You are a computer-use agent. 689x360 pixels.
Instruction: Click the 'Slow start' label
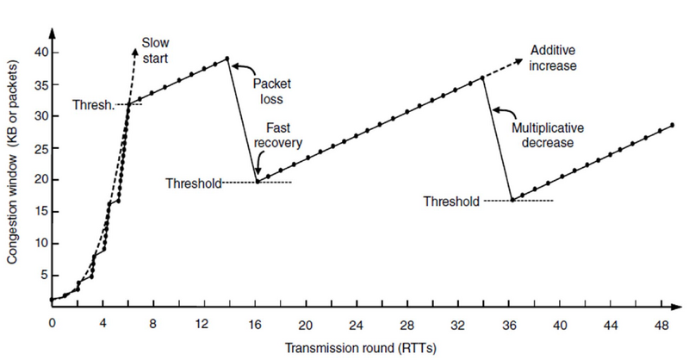click(155, 51)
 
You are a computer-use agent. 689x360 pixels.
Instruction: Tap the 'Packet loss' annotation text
click(271, 91)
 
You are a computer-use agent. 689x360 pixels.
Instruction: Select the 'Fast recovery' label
click(278, 135)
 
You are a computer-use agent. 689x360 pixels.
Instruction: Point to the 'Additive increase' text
click(553, 58)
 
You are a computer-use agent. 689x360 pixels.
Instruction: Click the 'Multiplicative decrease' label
click(548, 135)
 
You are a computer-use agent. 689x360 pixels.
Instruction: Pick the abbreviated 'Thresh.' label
click(93, 105)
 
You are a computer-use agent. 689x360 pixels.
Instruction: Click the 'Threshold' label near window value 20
click(193, 183)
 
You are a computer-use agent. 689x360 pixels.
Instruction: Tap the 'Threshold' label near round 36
click(451, 202)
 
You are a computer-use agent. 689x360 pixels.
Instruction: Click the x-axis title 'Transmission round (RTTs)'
click(361, 348)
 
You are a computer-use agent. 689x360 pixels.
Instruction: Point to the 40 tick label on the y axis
click(40, 53)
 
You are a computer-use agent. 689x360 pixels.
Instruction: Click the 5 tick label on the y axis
click(45, 275)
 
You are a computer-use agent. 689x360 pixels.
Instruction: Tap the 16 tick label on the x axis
click(254, 325)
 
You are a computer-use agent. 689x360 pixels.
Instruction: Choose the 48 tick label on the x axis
click(661, 326)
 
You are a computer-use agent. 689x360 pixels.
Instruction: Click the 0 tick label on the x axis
click(53, 323)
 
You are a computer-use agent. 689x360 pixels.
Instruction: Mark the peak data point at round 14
click(227, 58)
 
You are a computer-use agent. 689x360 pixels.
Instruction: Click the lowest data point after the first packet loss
click(258, 181)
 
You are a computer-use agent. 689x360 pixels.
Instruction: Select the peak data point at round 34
click(482, 78)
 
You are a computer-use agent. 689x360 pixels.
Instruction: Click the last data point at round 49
click(673, 125)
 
